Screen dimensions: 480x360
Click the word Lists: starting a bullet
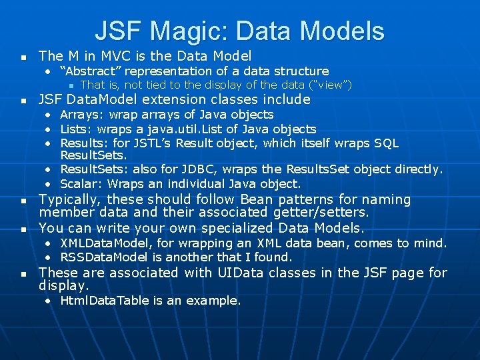[x=76, y=129]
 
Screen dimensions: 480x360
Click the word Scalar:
[x=82, y=183]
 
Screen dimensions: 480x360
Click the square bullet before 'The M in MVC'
[x=24, y=57]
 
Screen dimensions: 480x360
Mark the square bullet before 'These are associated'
[x=24, y=274]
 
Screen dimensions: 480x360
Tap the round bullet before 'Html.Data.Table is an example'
[x=50, y=301]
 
